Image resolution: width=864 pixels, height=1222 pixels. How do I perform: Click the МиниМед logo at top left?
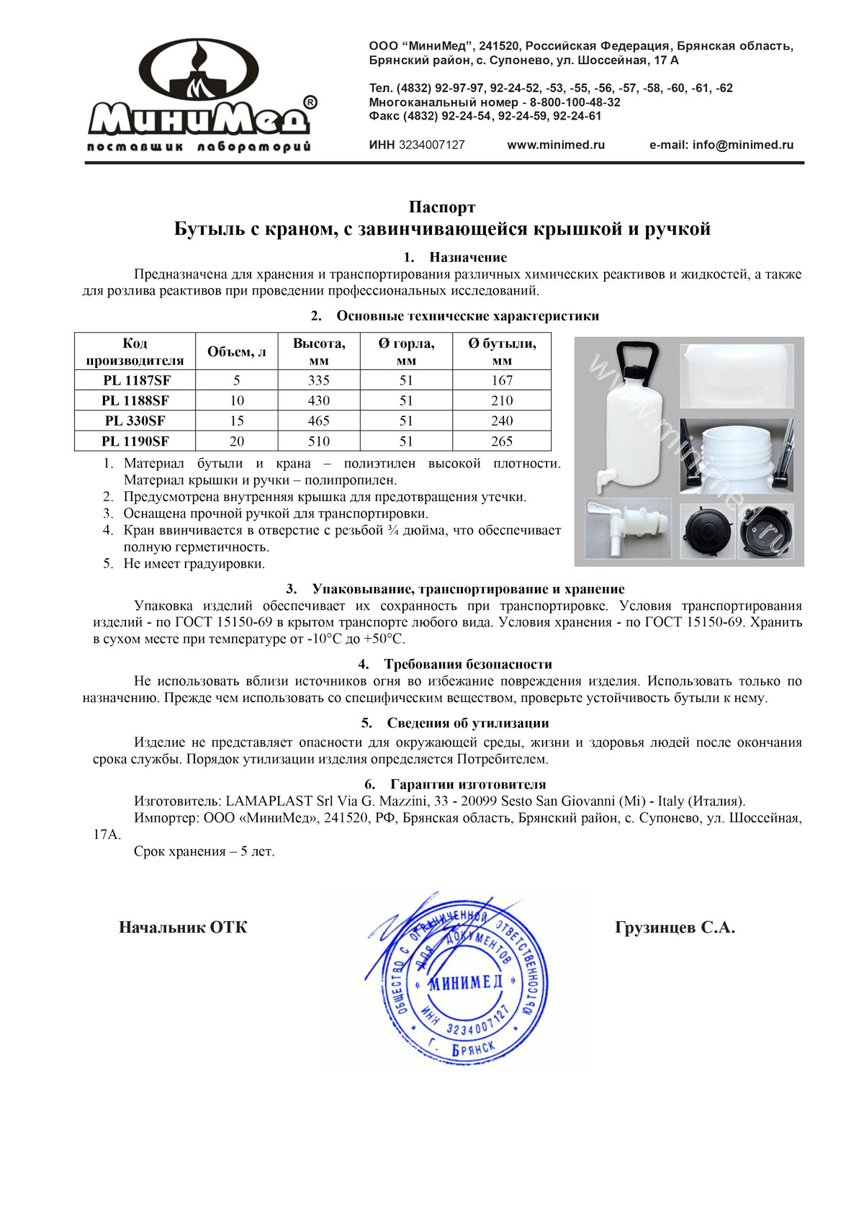click(x=201, y=95)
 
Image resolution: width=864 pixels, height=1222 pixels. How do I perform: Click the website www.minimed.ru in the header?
click(x=556, y=145)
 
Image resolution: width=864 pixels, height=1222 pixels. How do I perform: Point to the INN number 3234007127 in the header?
click(x=431, y=145)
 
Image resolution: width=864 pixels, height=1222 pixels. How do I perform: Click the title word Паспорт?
click(x=442, y=207)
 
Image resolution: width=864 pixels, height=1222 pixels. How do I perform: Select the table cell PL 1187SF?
click(x=135, y=380)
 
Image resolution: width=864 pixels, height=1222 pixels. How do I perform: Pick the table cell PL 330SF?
click(x=135, y=421)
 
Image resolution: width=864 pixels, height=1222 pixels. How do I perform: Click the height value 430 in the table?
click(x=318, y=400)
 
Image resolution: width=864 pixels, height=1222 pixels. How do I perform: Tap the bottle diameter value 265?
click(x=502, y=441)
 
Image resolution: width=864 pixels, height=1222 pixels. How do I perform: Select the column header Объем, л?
click(x=236, y=351)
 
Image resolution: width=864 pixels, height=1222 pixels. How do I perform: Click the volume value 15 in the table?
click(x=236, y=421)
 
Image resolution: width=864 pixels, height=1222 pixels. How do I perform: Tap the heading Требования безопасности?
click(x=468, y=664)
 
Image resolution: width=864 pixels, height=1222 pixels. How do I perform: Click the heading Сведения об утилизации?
click(x=468, y=723)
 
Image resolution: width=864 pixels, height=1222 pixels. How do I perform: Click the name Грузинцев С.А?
click(x=675, y=927)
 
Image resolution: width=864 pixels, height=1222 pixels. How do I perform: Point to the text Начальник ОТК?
click(x=183, y=927)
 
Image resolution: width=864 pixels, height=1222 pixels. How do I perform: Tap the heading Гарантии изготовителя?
click(x=468, y=784)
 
